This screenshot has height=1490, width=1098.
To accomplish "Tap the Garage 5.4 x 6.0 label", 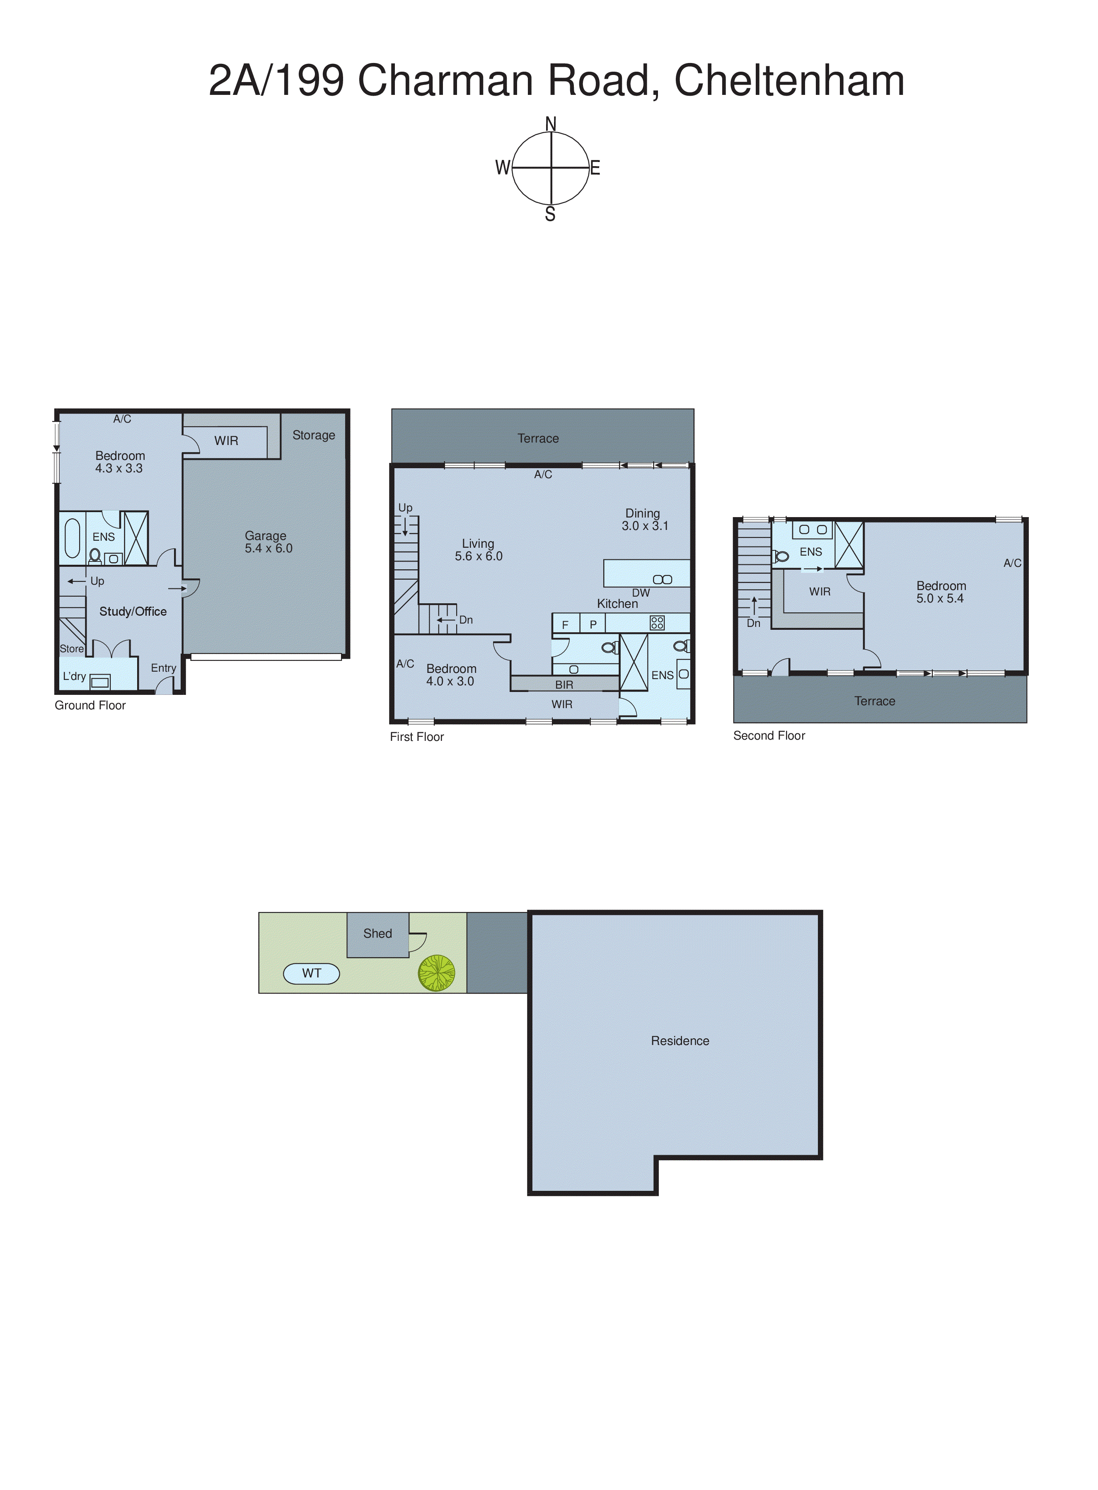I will click(268, 542).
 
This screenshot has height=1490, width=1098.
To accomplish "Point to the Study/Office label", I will click(133, 612).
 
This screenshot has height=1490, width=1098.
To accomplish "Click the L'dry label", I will click(74, 677).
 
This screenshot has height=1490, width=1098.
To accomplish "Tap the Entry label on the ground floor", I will click(163, 668).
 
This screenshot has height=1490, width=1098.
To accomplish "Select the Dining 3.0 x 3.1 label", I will click(644, 520).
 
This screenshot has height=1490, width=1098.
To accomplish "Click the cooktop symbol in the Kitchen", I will click(657, 623).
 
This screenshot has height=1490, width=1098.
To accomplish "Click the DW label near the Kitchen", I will click(641, 593).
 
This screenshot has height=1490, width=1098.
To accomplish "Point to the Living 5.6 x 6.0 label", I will click(479, 549).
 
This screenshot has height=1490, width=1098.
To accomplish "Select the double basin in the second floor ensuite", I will click(812, 530).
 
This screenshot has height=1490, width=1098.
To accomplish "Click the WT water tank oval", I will click(311, 974).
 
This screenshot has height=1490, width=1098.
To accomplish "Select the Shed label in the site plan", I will click(377, 934).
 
